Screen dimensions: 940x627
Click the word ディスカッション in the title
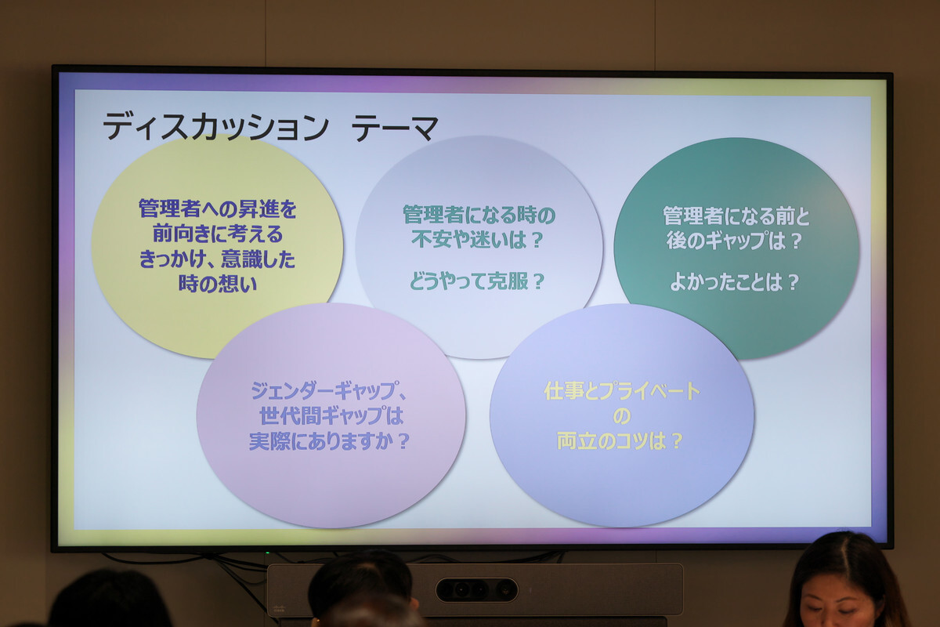pos(215,127)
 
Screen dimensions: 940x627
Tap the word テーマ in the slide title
pos(395,127)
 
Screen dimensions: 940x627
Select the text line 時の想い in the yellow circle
pos(218,284)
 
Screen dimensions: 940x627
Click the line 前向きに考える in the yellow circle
pos(218,234)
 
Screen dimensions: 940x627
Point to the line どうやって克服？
pos(478,281)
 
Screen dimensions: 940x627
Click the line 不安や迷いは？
pos(478,240)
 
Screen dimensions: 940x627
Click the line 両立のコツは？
pos(620,441)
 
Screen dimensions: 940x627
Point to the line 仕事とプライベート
pos(622,391)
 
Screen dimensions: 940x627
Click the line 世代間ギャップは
pos(331,416)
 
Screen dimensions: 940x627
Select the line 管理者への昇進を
pos(218,208)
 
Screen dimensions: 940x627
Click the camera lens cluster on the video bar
pos(477,590)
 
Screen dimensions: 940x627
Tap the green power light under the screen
pos(267,553)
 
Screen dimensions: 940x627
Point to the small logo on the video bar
pos(279,608)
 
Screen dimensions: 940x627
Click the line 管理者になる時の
pos(479,215)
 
